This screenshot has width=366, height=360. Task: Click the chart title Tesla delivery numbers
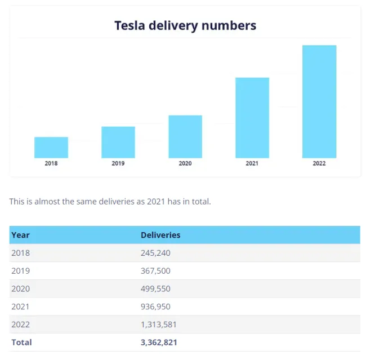(185, 25)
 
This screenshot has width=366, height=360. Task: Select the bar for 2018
(51, 148)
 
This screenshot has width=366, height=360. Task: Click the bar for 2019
(118, 142)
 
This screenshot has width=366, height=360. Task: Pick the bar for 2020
(185, 136)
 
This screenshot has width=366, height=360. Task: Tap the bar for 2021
(252, 118)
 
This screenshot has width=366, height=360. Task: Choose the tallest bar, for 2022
(319, 101)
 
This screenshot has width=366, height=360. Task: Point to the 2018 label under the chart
(51, 163)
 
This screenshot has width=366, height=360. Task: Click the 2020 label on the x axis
(185, 163)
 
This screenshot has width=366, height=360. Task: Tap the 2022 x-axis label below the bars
(319, 163)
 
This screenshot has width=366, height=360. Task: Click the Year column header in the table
(21, 235)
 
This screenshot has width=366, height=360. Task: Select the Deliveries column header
(160, 235)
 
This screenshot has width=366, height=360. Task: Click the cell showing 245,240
(155, 253)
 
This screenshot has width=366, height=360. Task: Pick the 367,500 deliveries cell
(155, 271)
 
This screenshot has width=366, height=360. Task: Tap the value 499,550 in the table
(155, 289)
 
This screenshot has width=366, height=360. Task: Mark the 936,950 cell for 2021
(155, 307)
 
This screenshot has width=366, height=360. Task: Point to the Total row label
(22, 343)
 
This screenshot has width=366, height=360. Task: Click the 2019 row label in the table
(21, 271)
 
